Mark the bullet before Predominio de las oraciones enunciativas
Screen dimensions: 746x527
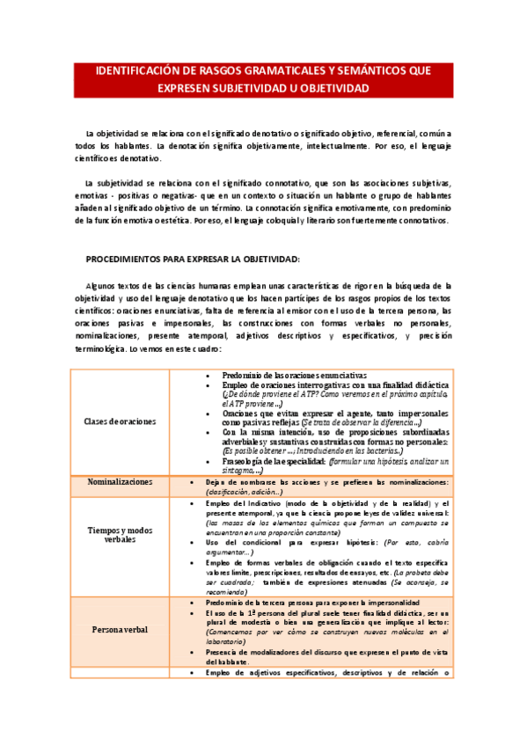click(206, 375)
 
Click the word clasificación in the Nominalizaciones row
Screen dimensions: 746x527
click(220, 493)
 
